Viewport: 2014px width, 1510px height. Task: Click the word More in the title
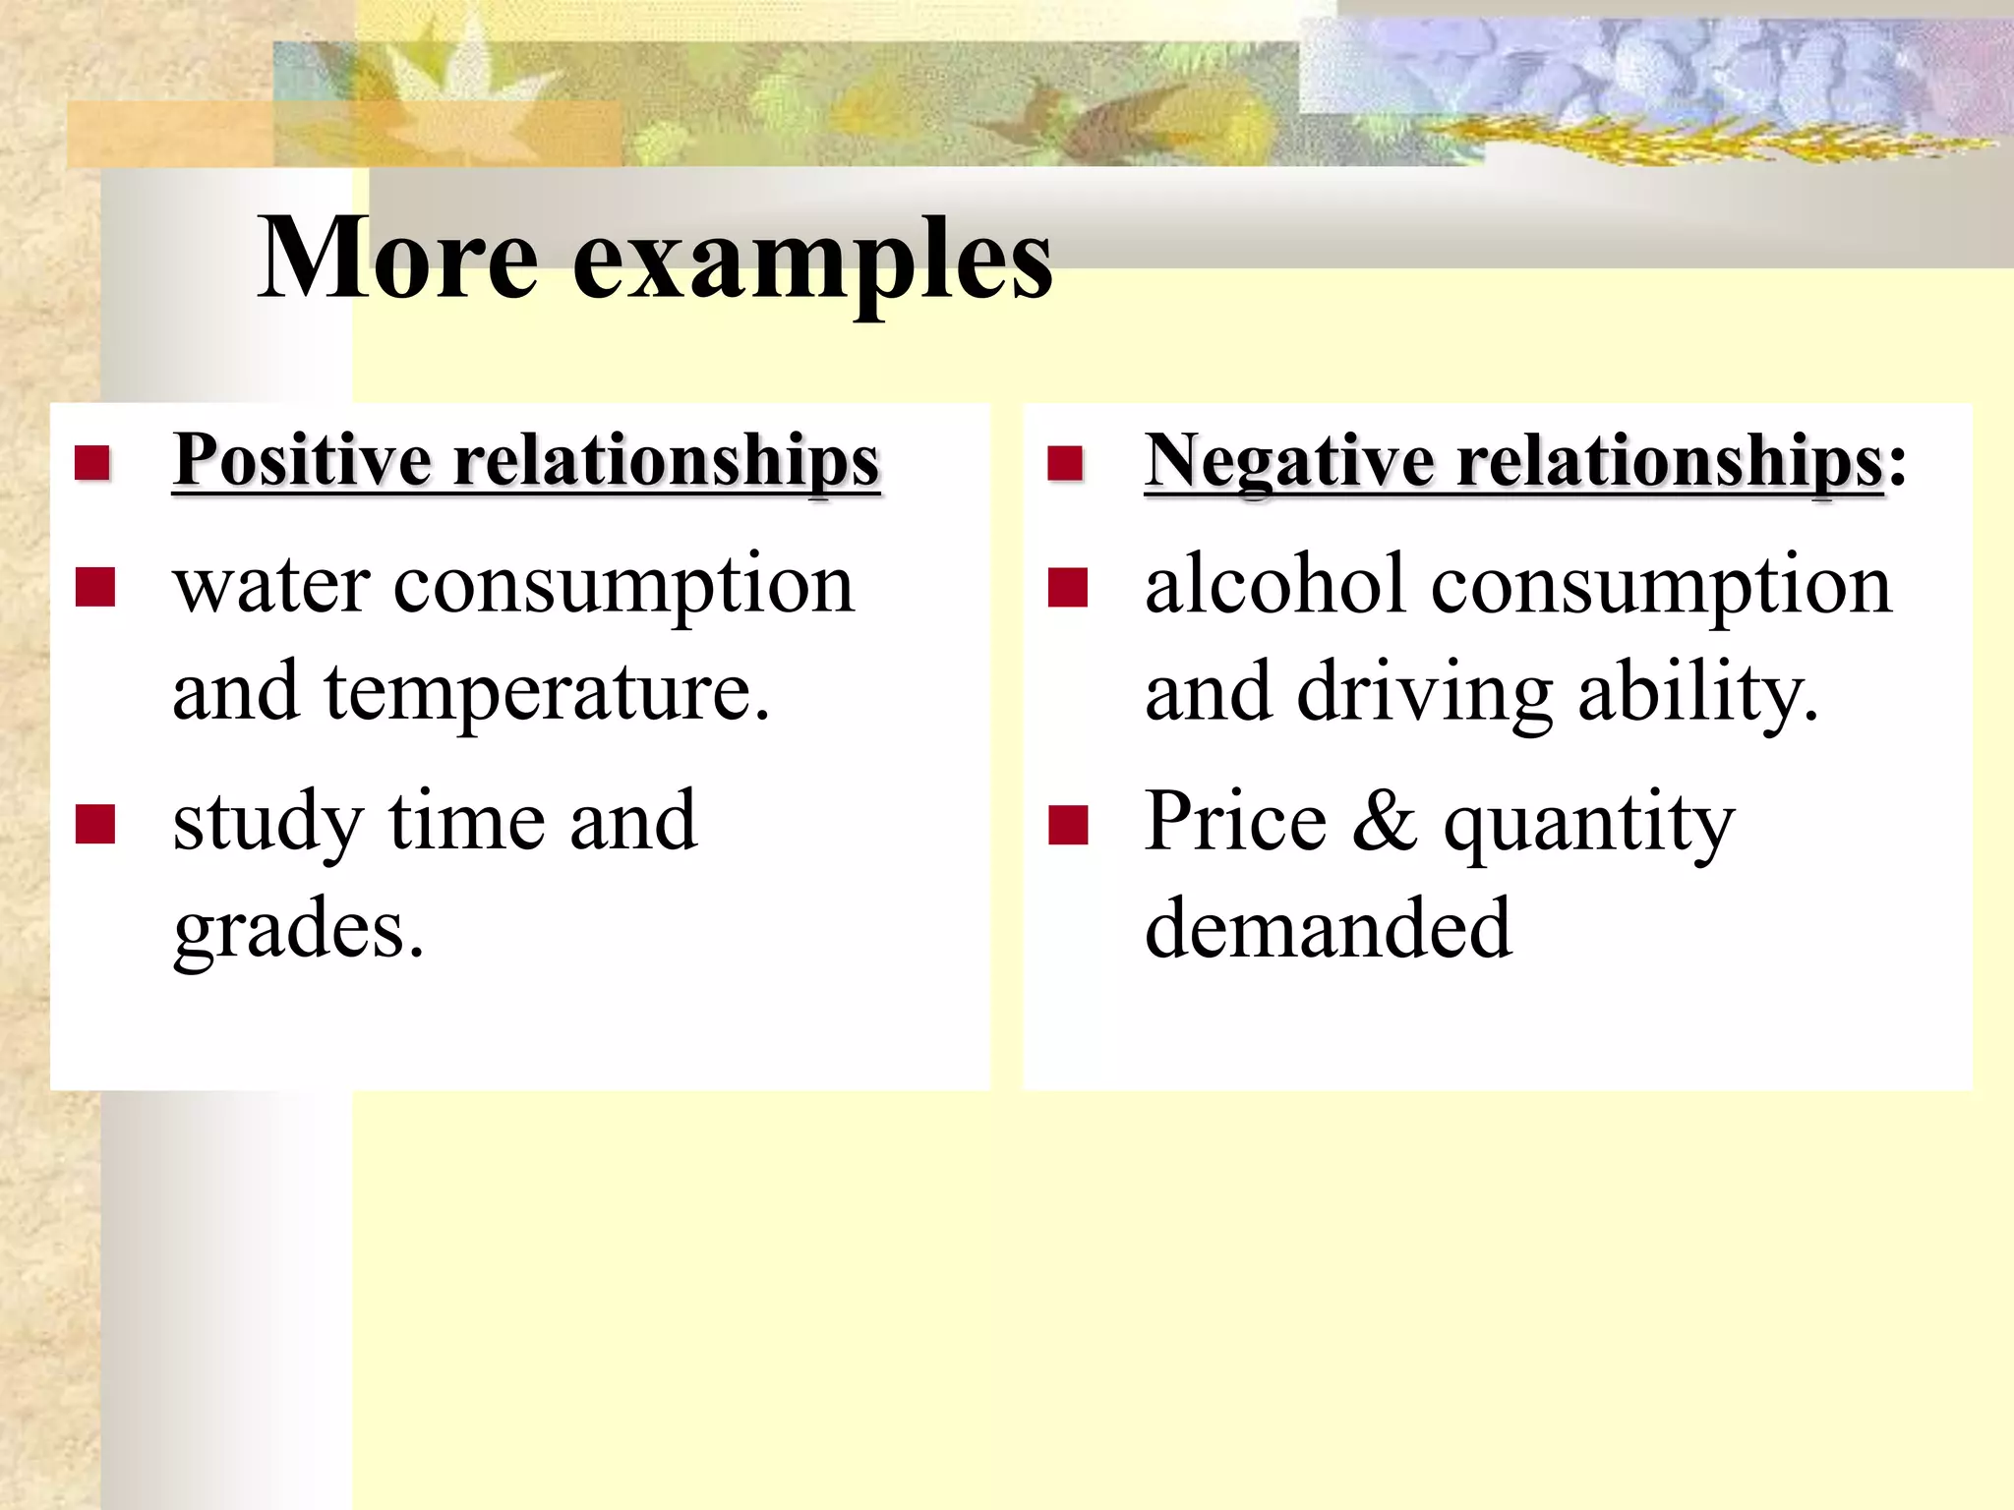click(x=398, y=258)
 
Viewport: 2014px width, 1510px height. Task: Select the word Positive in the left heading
click(x=303, y=460)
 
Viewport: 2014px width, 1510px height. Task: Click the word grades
click(x=297, y=930)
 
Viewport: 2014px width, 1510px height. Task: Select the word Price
click(x=1236, y=822)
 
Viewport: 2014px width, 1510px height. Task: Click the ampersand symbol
click(x=1385, y=822)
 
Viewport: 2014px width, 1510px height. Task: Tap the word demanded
click(x=1328, y=928)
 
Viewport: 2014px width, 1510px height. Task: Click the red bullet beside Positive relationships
click(x=92, y=462)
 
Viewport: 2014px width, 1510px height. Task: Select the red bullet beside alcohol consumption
click(x=1067, y=588)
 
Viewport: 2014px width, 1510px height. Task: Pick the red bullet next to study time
click(x=95, y=825)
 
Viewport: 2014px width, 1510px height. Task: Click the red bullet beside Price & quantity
click(x=1068, y=825)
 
